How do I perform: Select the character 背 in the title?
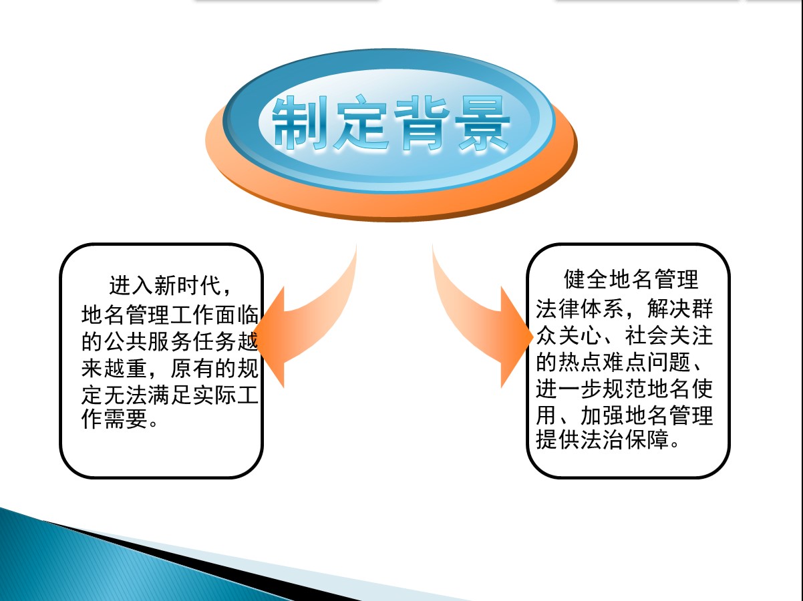pyautogui.click(x=422, y=122)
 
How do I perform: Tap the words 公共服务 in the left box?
pyautogui.click(x=148, y=342)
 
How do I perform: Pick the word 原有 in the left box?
pyautogui.click(x=192, y=369)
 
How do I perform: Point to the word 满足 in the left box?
pyautogui.click(x=170, y=395)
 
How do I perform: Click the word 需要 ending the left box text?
pyautogui.click(x=126, y=419)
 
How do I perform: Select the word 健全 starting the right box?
pyautogui.click(x=586, y=279)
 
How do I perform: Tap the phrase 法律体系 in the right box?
pyautogui.click(x=581, y=309)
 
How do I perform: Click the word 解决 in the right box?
pyautogui.click(x=669, y=309)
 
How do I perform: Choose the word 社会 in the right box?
pyautogui.click(x=647, y=336)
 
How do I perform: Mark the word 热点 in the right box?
pyautogui.click(x=581, y=362)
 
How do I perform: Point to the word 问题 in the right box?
pyautogui.click(x=669, y=362)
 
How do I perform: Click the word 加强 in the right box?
pyautogui.click(x=603, y=415)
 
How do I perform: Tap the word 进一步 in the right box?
pyautogui.click(x=569, y=389)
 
